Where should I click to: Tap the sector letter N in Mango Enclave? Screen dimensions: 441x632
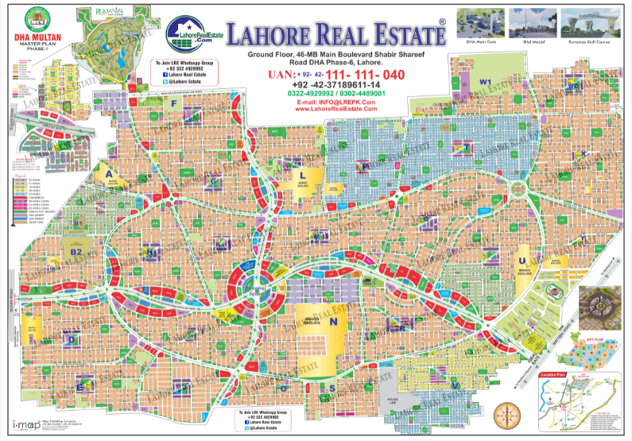coord(334,323)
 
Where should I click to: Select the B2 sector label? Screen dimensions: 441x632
coord(77,252)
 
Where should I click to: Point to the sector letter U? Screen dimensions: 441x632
coord(521,261)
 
